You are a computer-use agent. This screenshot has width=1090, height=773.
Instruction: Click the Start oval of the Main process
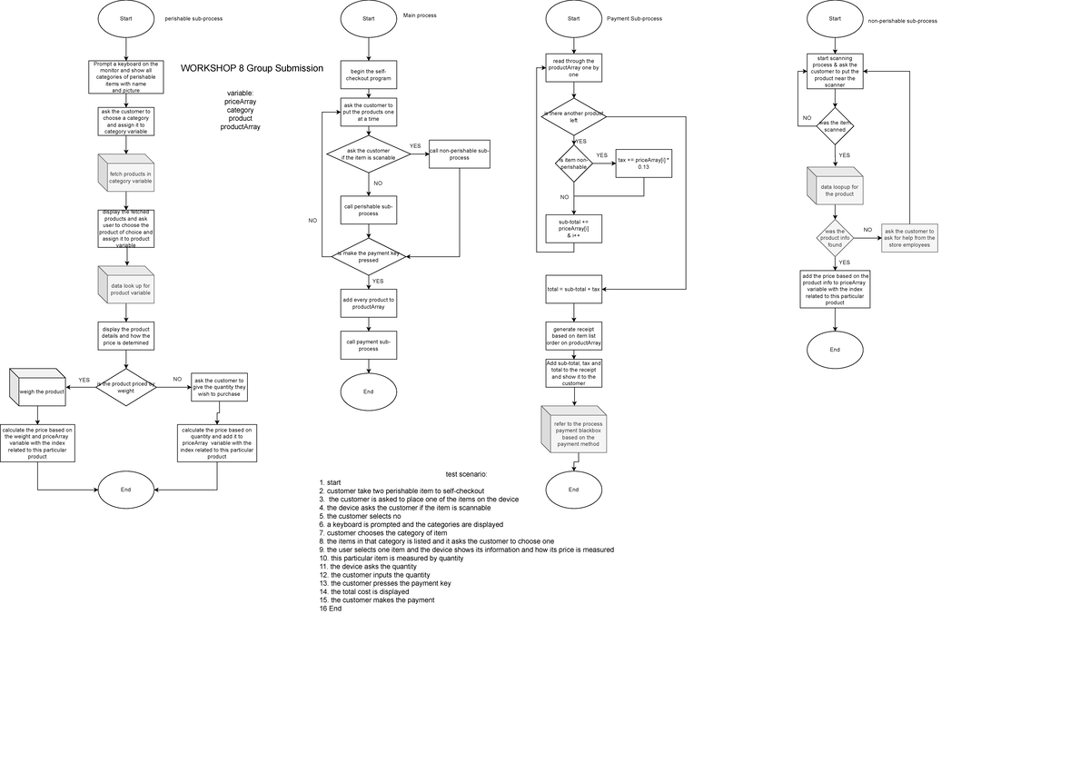(x=368, y=18)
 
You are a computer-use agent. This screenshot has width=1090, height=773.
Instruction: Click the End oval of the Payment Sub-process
(x=573, y=490)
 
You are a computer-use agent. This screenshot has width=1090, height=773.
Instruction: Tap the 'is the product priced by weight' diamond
(x=126, y=387)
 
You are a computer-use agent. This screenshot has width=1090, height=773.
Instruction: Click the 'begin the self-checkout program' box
(x=368, y=74)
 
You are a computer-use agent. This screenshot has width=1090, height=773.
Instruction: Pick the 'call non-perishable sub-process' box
(x=460, y=154)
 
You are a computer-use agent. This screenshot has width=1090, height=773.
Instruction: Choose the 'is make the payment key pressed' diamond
(x=368, y=256)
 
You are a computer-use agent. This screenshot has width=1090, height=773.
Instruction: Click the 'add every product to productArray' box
(x=368, y=303)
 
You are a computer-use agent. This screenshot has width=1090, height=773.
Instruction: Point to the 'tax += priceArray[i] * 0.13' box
(x=643, y=163)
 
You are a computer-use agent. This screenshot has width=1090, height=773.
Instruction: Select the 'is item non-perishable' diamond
(x=574, y=164)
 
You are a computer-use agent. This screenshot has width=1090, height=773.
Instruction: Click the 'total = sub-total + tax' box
(x=573, y=289)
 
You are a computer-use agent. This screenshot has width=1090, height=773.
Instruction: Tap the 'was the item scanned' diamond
(x=835, y=126)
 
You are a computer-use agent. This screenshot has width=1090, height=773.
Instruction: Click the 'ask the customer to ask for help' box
(x=908, y=238)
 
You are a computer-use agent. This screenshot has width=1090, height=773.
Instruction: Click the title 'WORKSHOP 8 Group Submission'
(x=252, y=68)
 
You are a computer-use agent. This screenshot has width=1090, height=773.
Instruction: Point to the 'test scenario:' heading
(x=466, y=474)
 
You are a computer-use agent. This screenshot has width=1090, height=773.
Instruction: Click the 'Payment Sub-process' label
(x=634, y=18)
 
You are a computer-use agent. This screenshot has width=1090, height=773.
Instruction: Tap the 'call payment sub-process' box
(x=368, y=345)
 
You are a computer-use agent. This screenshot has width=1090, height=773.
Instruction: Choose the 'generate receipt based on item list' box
(x=573, y=335)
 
